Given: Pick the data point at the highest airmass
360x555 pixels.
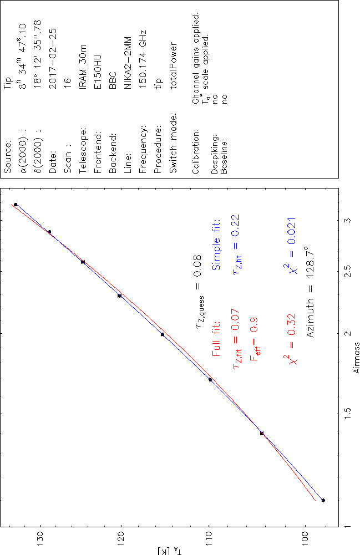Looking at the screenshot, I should (x=16, y=205).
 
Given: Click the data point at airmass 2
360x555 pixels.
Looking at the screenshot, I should (x=162, y=334).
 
